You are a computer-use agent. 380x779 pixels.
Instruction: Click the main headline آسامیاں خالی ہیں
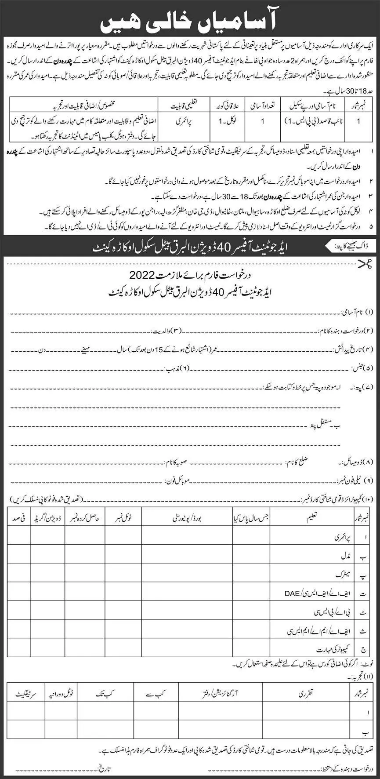tap(189, 19)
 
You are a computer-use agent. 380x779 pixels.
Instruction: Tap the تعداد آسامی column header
tap(263, 106)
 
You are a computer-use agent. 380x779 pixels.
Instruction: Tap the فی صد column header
tap(18, 518)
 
